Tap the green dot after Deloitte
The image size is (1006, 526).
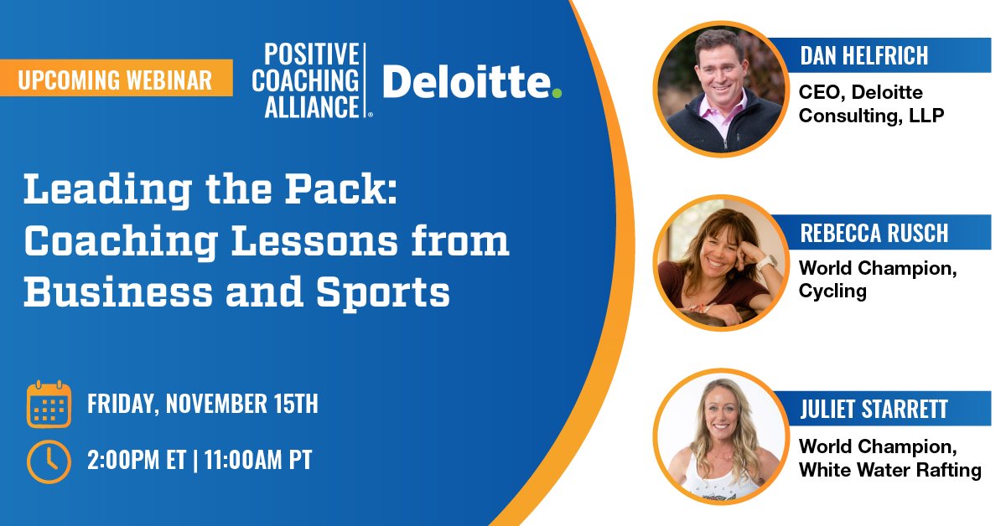click(x=556, y=91)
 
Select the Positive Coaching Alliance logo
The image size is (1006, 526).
click(x=312, y=80)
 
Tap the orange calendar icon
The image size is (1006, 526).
click(x=49, y=405)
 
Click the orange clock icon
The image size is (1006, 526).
click(x=49, y=460)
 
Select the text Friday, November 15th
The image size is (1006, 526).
click(x=203, y=405)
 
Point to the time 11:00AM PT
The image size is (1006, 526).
click(x=257, y=460)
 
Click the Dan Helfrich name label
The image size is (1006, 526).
click(x=863, y=57)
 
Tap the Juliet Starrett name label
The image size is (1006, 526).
click(x=874, y=409)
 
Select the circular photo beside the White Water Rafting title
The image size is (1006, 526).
click(x=720, y=438)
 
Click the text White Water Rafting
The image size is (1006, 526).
click(x=889, y=470)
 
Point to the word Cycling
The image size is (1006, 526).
click(x=832, y=291)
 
